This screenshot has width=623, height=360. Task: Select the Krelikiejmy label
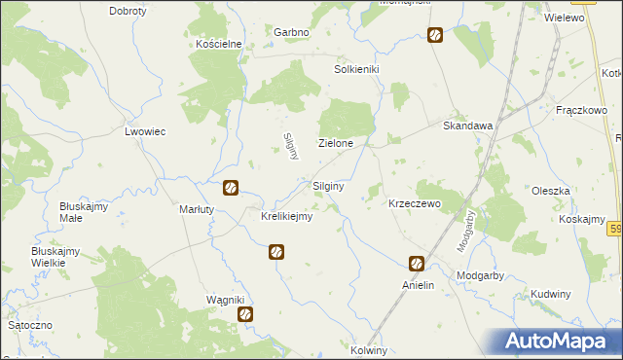286,216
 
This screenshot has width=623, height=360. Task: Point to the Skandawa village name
468,126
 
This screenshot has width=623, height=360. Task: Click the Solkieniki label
356,70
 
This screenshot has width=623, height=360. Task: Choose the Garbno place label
291,32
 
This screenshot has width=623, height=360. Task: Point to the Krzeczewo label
415,204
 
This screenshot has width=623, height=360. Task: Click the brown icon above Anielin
416,264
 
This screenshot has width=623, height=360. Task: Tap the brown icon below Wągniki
245,315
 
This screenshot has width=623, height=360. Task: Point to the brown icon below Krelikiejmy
276,253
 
